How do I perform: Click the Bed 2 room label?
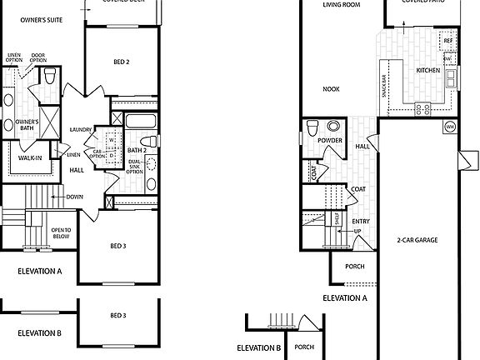click(x=122, y=62)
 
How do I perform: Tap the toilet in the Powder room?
click(x=313, y=127)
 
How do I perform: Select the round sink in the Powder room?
click(x=334, y=127)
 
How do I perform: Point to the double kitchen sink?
click(x=451, y=79)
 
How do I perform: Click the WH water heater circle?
click(x=450, y=127)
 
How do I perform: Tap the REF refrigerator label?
click(x=447, y=40)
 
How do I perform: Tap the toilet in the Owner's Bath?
click(x=51, y=77)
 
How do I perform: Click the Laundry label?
click(x=81, y=129)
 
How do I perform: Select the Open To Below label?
click(x=61, y=232)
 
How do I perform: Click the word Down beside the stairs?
click(x=73, y=197)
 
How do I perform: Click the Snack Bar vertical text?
click(x=384, y=83)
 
